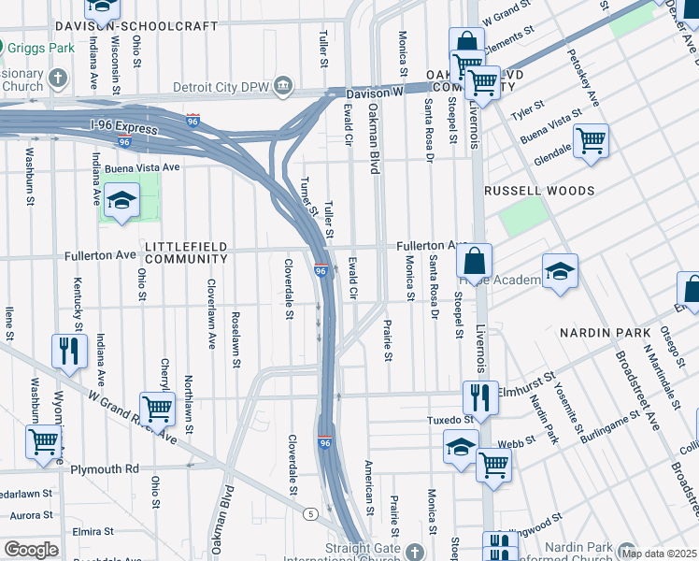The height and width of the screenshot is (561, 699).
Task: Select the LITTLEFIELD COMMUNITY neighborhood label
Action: pyautogui.click(x=186, y=252)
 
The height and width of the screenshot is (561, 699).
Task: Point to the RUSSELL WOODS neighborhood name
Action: pyautogui.click(x=539, y=191)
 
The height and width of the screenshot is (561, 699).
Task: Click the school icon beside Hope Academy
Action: pyautogui.click(x=560, y=272)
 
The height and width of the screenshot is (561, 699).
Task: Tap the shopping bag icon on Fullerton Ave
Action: pyautogui.click(x=475, y=261)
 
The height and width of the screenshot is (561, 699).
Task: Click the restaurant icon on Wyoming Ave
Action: pyautogui.click(x=67, y=352)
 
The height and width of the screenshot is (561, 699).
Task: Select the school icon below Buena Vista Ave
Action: pyautogui.click(x=121, y=202)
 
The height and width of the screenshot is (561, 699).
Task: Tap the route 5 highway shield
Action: pyautogui.click(x=309, y=512)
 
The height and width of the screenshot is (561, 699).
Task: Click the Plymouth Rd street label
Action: pyautogui.click(x=105, y=468)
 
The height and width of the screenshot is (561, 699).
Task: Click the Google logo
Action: pyautogui.click(x=31, y=550)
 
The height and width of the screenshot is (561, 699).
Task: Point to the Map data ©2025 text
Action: pyautogui.click(x=657, y=553)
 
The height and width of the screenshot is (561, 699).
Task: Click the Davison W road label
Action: pyautogui.click(x=373, y=93)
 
